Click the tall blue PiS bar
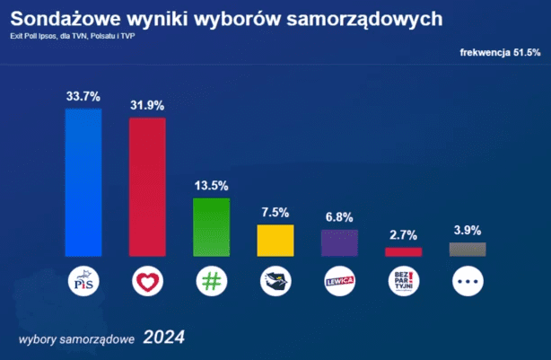click(x=83, y=182)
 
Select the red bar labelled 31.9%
click(x=147, y=187)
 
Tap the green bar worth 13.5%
click(x=211, y=227)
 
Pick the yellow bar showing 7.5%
click(x=275, y=241)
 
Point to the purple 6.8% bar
click(x=339, y=243)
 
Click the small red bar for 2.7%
click(x=404, y=251)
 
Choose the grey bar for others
click(x=468, y=250)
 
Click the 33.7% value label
click(x=83, y=96)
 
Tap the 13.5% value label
click(x=211, y=186)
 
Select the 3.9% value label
click(x=468, y=230)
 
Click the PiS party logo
click(x=83, y=281)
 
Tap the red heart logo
click(x=147, y=281)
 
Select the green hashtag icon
click(x=212, y=281)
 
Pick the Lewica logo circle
click(x=340, y=281)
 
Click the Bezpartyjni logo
click(x=404, y=281)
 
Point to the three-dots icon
click(x=468, y=281)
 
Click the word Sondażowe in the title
click(x=66, y=19)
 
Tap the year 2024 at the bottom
click(x=163, y=338)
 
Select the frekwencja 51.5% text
click(x=500, y=53)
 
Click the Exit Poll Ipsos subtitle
click(x=73, y=36)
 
